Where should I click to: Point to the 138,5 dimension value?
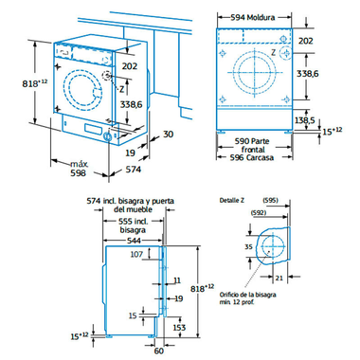[330, 120]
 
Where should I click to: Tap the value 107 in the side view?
[136, 254]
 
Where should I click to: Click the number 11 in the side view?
[176, 279]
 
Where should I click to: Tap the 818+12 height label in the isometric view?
[16, 83]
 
